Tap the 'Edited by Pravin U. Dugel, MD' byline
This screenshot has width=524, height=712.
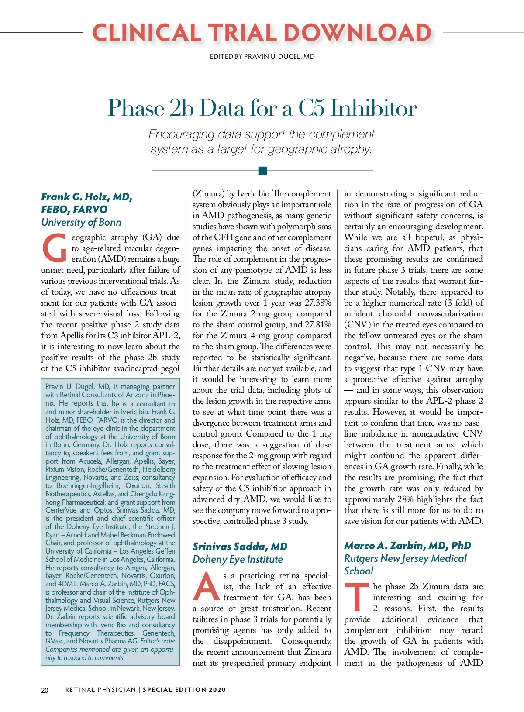tap(262, 57)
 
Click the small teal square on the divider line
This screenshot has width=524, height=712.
tap(262, 171)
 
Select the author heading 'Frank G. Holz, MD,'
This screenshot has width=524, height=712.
tap(86, 197)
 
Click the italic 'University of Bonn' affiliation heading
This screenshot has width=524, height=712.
tap(81, 222)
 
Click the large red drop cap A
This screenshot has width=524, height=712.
tap(206, 586)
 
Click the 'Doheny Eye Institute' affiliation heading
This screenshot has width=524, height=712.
tap(238, 559)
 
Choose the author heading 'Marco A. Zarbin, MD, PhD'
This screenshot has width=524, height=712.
tap(407, 546)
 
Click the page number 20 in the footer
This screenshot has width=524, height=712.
tap(45, 690)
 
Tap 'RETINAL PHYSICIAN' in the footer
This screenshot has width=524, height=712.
tap(100, 690)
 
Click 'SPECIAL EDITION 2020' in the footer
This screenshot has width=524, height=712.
tap(184, 690)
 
